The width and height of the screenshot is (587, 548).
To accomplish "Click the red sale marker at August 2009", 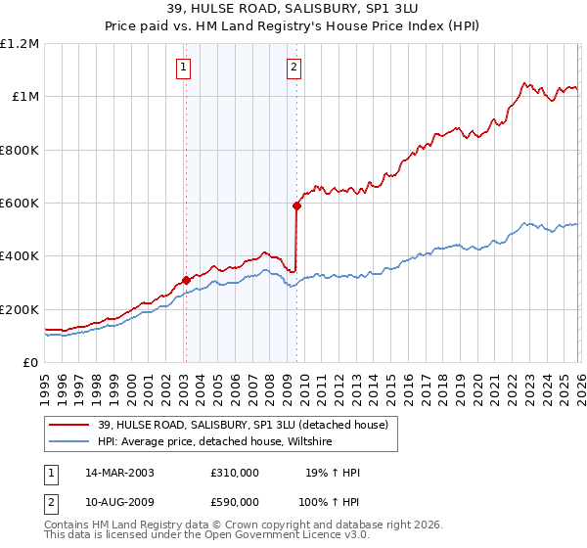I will (295, 205).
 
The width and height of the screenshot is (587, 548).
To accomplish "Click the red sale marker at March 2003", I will (186, 281).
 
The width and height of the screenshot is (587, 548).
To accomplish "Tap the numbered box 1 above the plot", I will (184, 68).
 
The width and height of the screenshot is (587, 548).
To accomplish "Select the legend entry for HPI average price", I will (215, 441).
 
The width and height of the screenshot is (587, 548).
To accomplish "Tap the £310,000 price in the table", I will (235, 473).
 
